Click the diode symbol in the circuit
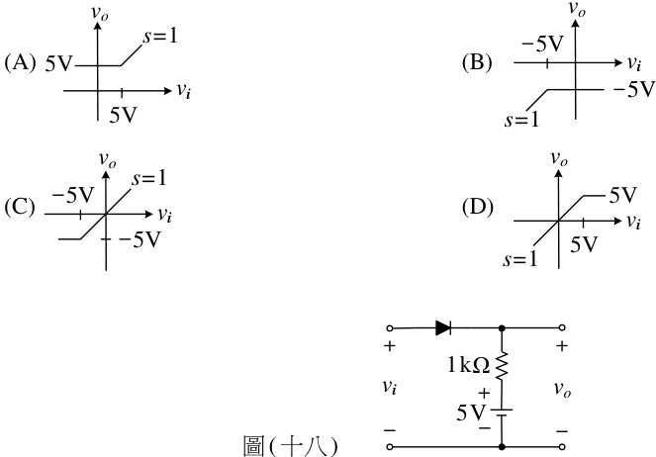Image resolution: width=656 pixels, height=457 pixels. click(x=443, y=328)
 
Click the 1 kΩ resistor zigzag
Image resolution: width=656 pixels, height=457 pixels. click(x=502, y=366)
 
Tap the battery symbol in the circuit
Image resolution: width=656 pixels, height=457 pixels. click(x=502, y=412)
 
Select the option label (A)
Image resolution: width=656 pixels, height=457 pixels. click(x=20, y=62)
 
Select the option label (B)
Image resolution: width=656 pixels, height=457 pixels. click(x=477, y=62)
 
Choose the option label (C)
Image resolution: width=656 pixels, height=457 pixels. click(x=20, y=207)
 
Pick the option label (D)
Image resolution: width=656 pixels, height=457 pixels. click(x=477, y=207)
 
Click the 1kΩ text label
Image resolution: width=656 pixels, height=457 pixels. click(x=468, y=365)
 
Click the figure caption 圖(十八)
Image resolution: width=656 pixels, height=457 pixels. click(x=290, y=446)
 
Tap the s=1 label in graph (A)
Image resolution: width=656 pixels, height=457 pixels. click(x=160, y=36)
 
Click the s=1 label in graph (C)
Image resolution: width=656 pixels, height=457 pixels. click(x=149, y=178)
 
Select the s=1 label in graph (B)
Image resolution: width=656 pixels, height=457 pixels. click(x=521, y=120)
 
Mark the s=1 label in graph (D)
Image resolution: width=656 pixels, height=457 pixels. click(x=520, y=259)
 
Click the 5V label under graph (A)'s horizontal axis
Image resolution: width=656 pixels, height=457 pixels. click(x=124, y=115)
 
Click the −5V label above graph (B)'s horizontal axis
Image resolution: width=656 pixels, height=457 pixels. click(x=542, y=44)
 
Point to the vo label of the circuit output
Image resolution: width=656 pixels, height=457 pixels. click(x=562, y=390)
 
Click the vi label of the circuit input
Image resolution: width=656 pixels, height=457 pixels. click(x=390, y=387)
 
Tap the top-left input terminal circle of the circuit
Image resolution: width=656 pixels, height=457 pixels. click(x=390, y=328)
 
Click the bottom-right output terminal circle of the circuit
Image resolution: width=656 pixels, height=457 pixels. click(x=562, y=447)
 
